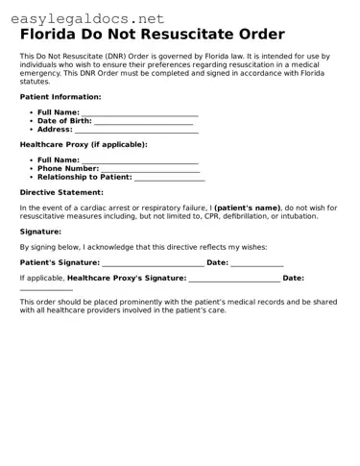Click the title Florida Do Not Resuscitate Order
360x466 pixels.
tap(152, 35)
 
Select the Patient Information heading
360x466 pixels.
tap(60, 97)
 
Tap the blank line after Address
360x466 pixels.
tap(136, 131)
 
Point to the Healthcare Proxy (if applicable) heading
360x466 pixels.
tap(84, 144)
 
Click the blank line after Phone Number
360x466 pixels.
tap(151, 170)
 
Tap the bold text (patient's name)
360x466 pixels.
tap(247, 208)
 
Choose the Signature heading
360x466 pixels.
tap(40, 232)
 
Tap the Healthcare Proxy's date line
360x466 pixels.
tap(46, 288)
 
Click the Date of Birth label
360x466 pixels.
tap(64, 121)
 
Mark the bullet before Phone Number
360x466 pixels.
tap(32, 169)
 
